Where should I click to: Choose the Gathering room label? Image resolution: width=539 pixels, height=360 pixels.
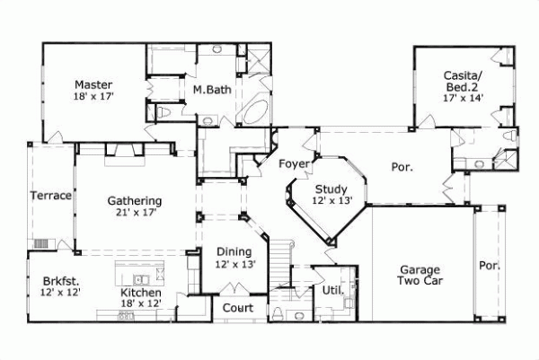click(x=135, y=200)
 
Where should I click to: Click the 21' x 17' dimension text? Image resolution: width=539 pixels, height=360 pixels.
click(x=135, y=213)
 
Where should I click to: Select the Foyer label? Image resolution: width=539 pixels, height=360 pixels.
click(x=294, y=163)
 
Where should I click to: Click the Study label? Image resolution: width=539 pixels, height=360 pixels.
click(x=331, y=189)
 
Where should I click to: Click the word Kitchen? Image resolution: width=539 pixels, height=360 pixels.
click(x=141, y=293)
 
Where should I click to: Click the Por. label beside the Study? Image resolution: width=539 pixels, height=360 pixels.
click(x=402, y=166)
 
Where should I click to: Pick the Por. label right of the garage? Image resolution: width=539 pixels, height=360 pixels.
click(x=489, y=266)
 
